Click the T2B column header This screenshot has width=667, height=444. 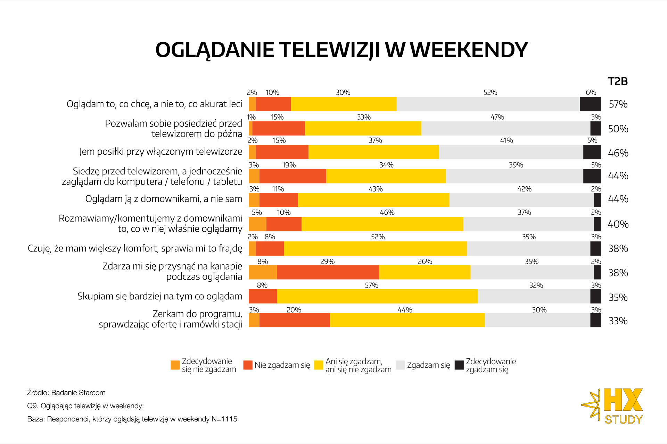click(x=618, y=81)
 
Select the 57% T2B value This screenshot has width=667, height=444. click(x=618, y=104)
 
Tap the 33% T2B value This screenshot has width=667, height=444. click(x=618, y=321)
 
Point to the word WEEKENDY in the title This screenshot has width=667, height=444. click(x=469, y=50)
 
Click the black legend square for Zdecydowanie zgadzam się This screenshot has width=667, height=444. click(x=459, y=365)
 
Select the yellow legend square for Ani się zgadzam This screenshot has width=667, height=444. click(x=319, y=365)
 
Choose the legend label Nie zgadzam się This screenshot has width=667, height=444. click(x=282, y=365)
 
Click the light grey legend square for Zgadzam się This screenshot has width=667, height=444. click(x=400, y=365)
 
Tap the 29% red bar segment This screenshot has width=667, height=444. click(x=328, y=272)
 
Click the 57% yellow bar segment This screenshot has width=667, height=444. click(x=377, y=296)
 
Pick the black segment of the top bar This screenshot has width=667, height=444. click(x=590, y=104)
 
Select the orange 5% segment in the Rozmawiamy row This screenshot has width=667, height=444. click(x=257, y=224)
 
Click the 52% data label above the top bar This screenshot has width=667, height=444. click(x=490, y=93)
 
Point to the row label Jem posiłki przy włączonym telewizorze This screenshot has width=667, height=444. click(x=160, y=152)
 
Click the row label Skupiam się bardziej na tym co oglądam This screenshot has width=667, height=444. click(x=159, y=296)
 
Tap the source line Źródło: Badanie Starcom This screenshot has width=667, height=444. click(x=66, y=393)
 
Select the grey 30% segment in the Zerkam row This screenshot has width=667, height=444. click(x=537, y=320)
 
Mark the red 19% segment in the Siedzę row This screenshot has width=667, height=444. click(x=293, y=176)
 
